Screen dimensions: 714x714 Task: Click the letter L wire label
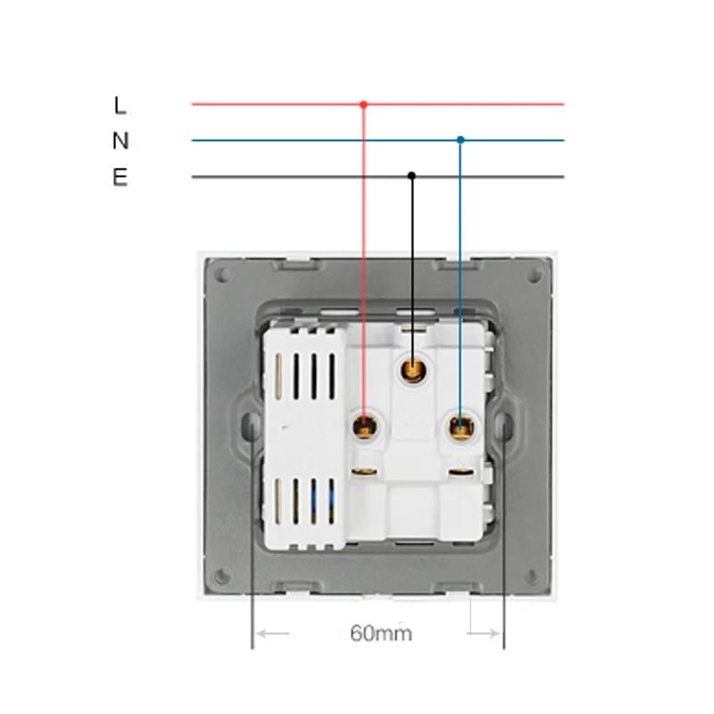point(120,105)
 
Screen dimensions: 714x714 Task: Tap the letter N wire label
point(120,140)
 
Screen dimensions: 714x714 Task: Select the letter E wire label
point(120,177)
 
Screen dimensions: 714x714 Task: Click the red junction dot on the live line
point(363,104)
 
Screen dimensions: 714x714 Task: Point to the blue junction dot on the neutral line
point(461,140)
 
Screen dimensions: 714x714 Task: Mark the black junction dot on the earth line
point(411,175)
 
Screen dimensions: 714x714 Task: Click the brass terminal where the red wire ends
point(365,428)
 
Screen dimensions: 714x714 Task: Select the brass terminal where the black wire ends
point(413,370)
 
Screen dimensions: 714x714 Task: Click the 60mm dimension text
point(381,634)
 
